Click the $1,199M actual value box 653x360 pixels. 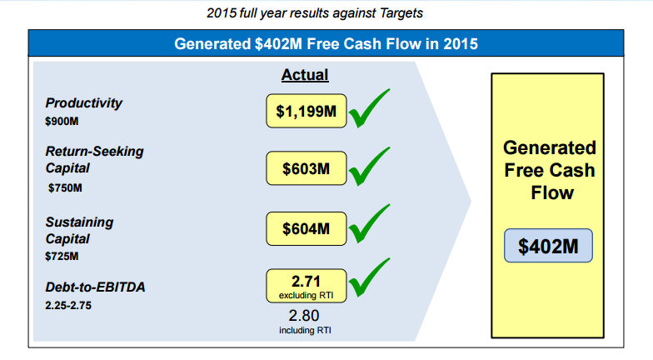[x=306, y=111]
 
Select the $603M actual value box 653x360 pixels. [x=306, y=169]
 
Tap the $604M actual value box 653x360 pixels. [x=306, y=228]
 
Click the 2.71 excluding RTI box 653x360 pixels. [x=306, y=285]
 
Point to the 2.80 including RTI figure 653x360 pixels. [x=303, y=321]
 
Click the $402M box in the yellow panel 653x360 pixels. [x=549, y=246]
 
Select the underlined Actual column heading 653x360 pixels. [x=305, y=75]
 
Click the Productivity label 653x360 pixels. [x=83, y=102]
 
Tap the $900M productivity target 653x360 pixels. [x=63, y=122]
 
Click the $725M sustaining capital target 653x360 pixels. [x=63, y=257]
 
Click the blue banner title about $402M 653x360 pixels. [x=326, y=43]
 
